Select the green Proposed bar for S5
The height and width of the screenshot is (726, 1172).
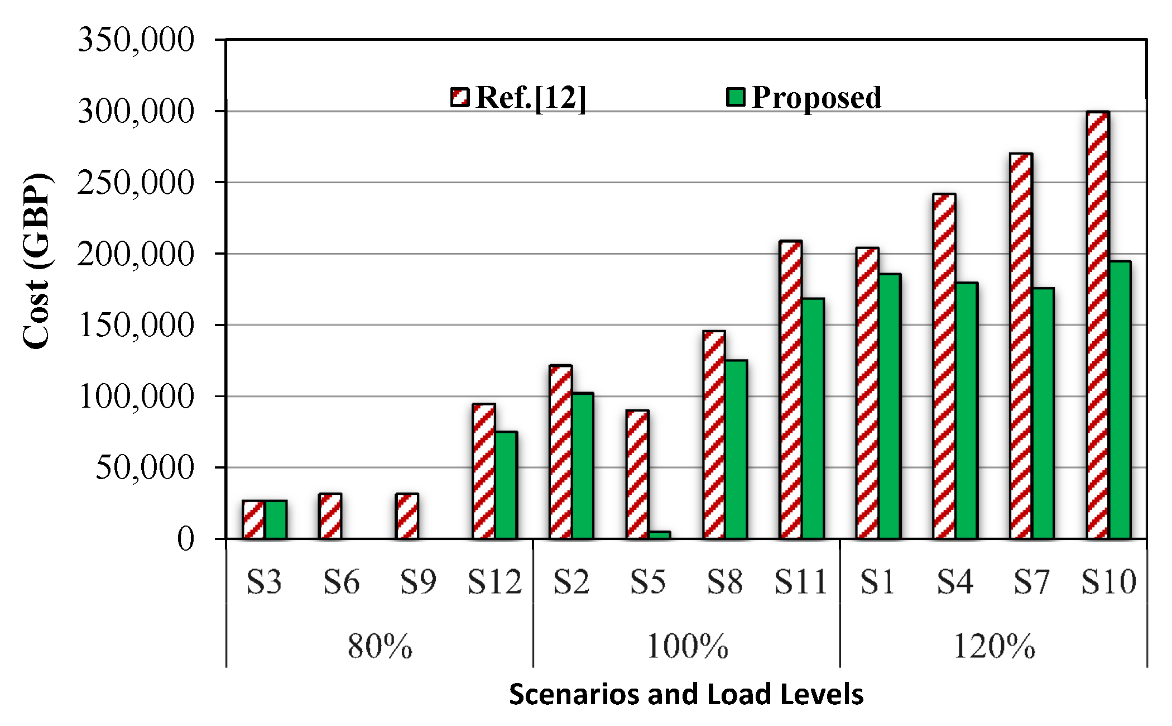[659, 534]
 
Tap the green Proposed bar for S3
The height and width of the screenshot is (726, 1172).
[276, 519]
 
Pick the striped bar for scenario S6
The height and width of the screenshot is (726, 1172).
[330, 516]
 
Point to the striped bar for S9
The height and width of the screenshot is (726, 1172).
[407, 516]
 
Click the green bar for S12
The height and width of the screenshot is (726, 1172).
[506, 485]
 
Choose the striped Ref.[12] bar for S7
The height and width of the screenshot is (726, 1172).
[1021, 346]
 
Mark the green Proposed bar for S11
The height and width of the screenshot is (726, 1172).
[813, 418]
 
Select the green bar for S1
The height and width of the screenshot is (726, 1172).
[890, 406]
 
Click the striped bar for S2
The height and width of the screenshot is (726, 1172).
[560, 452]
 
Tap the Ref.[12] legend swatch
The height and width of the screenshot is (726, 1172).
[460, 97]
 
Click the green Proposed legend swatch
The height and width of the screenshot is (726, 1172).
[736, 97]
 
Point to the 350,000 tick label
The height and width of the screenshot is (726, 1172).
[136, 40]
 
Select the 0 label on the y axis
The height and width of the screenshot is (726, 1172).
[186, 539]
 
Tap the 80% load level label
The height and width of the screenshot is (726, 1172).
[380, 646]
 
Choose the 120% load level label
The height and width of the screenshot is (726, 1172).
[994, 646]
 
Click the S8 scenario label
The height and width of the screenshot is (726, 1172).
[724, 581]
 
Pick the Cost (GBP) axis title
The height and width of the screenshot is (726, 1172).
[37, 261]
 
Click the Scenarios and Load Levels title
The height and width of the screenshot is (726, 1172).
[686, 694]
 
